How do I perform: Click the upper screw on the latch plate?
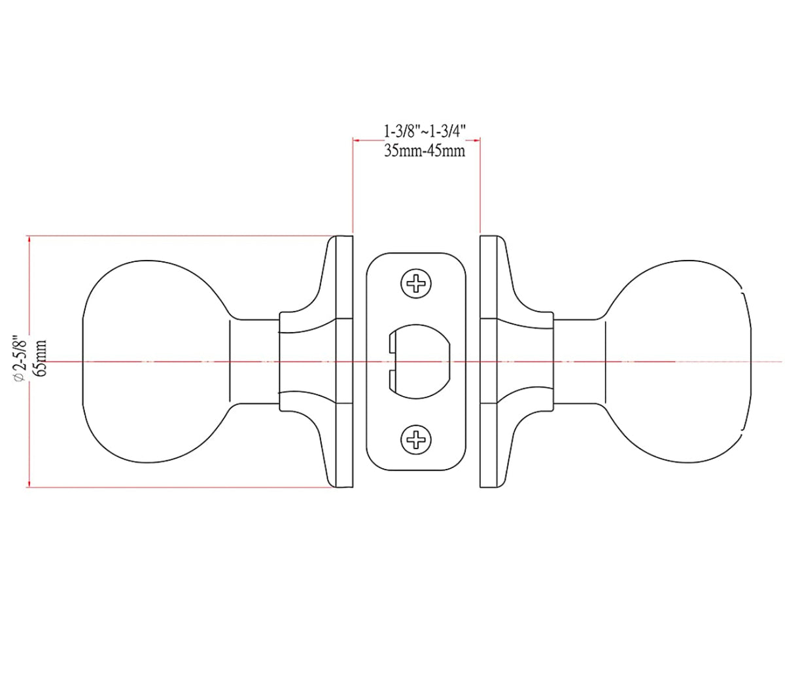pos(417,284)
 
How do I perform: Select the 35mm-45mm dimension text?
pos(424,151)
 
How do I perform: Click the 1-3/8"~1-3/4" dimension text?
pos(424,131)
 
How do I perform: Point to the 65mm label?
pos(41,357)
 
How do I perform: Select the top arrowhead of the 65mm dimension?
pos(29,240)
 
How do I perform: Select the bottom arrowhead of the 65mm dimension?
pos(29,483)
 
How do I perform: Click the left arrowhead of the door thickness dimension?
pos(357,139)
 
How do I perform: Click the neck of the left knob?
pos(254,361)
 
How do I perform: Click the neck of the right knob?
pos(578,361)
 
